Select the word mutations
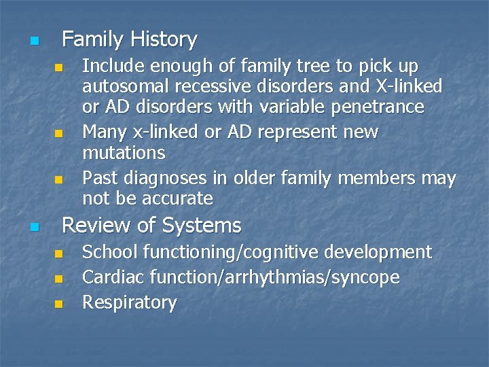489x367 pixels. pos(124,152)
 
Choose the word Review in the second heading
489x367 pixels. pos(93,225)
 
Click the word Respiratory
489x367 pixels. pos(129,302)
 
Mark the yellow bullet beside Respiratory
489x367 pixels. pos(58,304)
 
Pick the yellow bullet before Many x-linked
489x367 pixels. pos(58,133)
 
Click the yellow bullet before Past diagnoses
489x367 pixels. pos(58,180)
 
